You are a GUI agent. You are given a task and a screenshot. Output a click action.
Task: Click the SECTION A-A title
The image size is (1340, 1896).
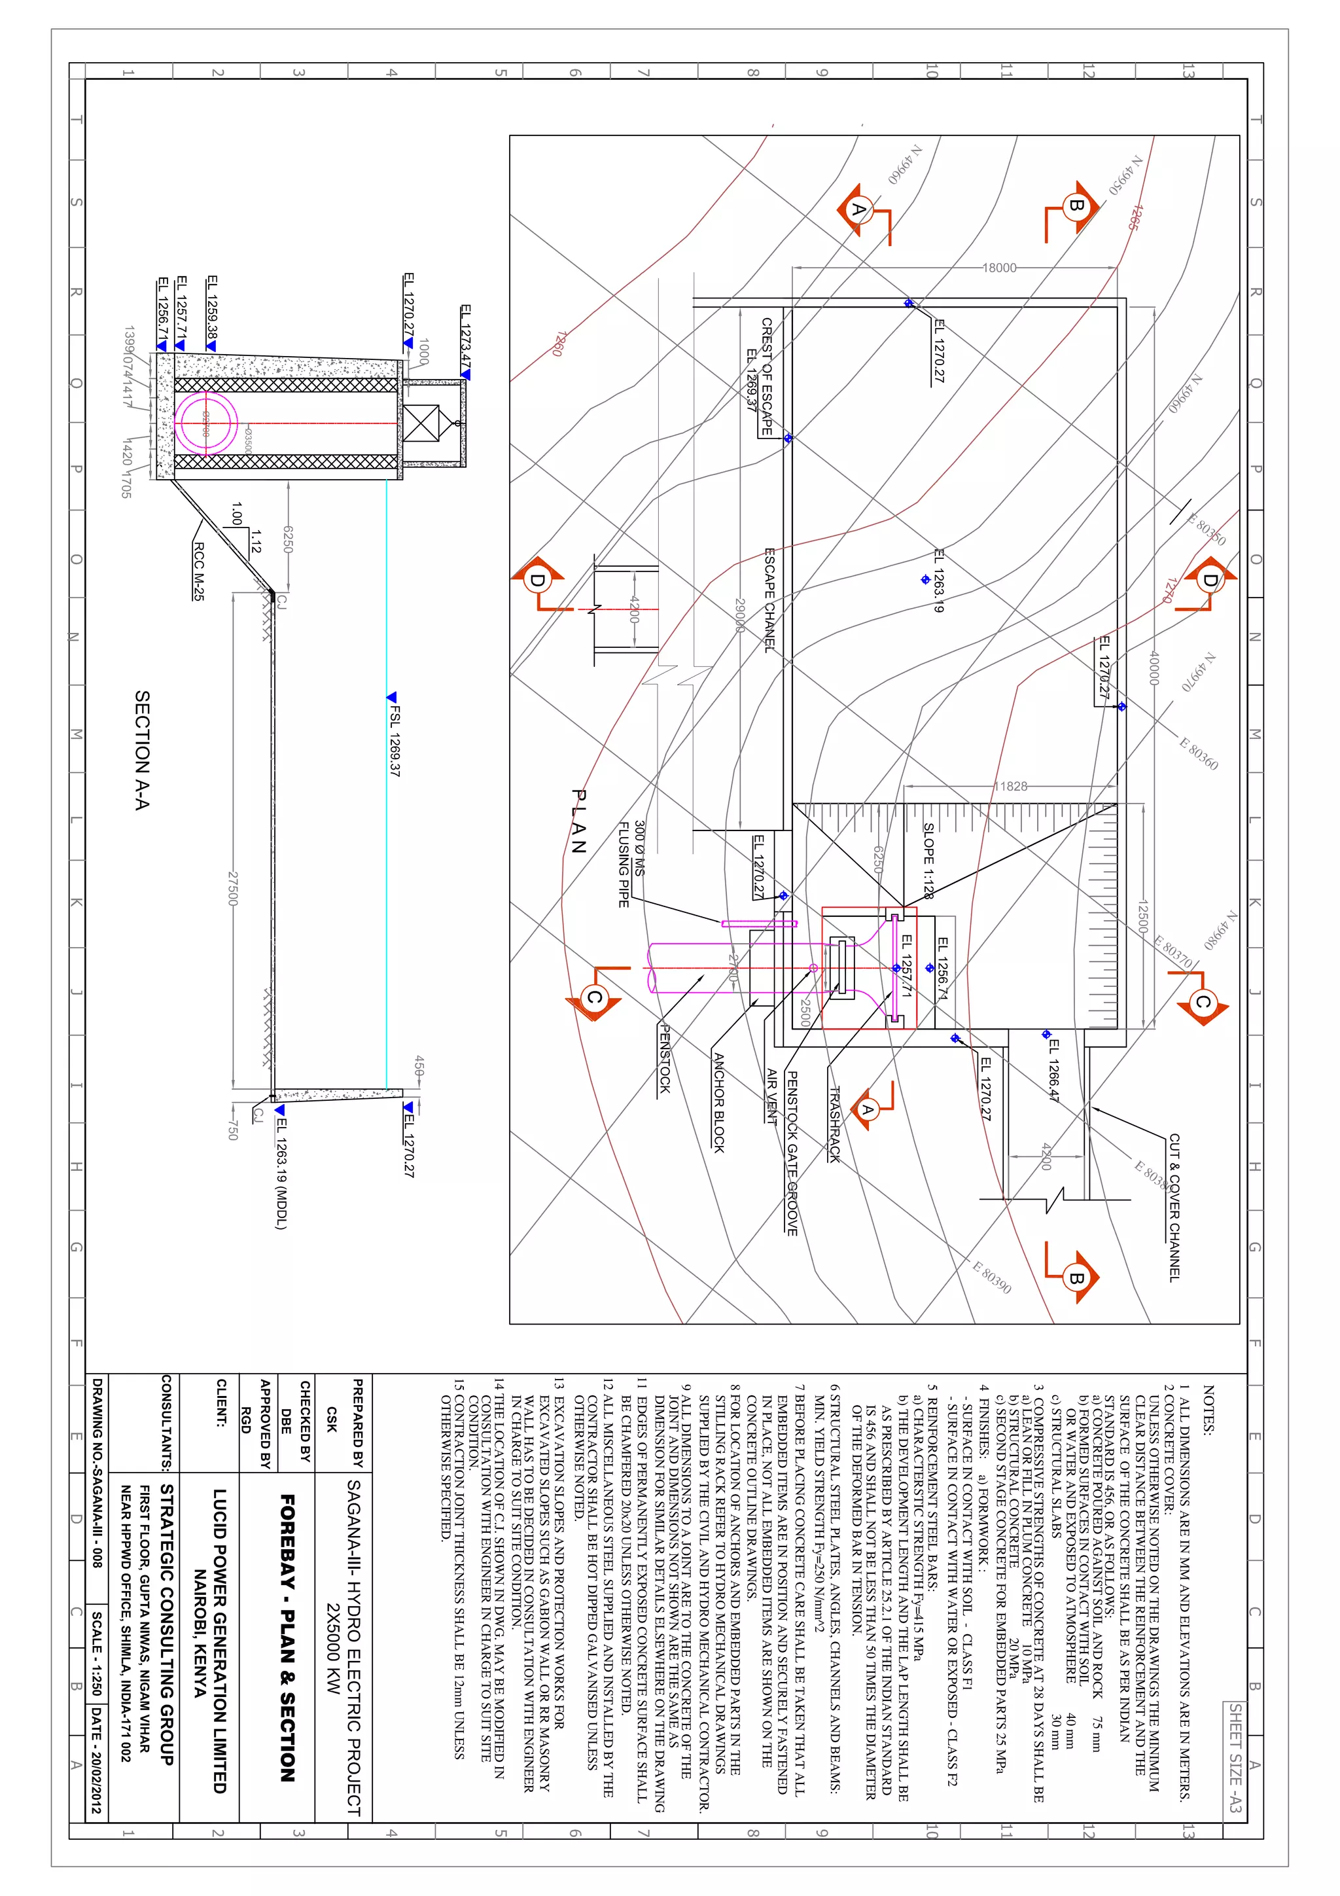coord(142,750)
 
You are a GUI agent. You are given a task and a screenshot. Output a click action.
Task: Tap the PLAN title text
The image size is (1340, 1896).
coord(579,821)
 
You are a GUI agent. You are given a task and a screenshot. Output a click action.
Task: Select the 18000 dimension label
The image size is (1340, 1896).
coord(999,268)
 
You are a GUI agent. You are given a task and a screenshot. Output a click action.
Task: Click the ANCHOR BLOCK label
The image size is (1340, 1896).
coord(718,1102)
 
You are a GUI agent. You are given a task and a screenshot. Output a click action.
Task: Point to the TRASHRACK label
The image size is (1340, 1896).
coord(834,1125)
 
